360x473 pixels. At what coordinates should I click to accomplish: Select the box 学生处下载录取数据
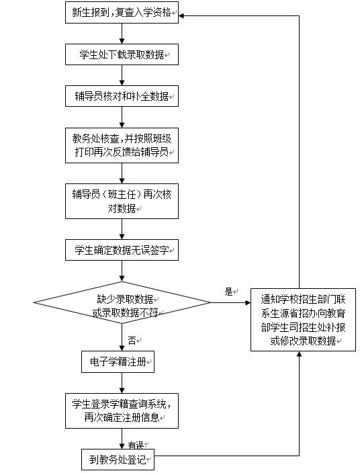pos(122,54)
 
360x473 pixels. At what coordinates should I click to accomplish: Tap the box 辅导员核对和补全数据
pos(122,96)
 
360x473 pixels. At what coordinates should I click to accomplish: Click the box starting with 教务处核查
pos(122,146)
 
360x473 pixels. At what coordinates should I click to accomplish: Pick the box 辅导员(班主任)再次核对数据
pos(122,201)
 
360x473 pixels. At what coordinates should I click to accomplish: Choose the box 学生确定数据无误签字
pos(122,251)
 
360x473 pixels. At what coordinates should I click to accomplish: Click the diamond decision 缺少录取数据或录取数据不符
pos(122,303)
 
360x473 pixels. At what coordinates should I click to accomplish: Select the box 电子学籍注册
pos(118,363)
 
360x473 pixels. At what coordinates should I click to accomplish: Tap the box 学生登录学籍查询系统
pos(122,411)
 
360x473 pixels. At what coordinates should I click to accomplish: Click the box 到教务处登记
pos(118,461)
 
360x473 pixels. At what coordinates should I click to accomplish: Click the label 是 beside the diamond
pos(228,292)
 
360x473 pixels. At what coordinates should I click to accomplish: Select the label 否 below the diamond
pos(132,340)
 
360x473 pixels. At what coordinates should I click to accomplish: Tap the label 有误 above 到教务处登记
pos(136,445)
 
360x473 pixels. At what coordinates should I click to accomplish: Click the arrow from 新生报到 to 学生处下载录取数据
pos(122,34)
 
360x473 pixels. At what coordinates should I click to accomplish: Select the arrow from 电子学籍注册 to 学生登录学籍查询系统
pos(122,383)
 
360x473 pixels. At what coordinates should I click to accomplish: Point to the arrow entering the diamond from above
pos(122,271)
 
